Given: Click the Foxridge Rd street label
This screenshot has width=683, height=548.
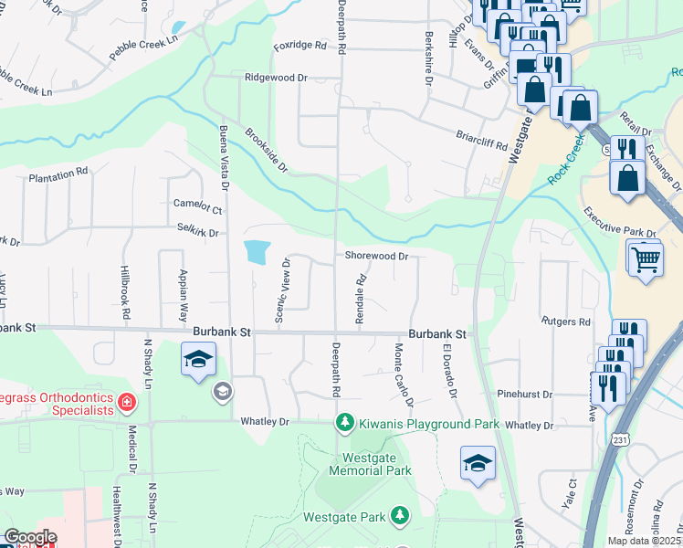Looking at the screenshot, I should pos(300,45).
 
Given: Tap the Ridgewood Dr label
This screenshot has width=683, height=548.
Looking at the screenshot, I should pos(276,79).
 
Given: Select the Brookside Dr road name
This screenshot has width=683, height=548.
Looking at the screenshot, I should pos(266,150).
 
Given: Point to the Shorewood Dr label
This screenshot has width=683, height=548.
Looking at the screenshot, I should pos(376,257).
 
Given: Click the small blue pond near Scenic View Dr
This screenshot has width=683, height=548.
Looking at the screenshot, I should pos(257,251).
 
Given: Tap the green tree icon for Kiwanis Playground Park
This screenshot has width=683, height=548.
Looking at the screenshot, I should pos(344,423).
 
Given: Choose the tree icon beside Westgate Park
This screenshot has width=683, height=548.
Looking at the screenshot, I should pos(399,516).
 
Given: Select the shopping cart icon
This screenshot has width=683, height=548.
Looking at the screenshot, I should pos(645,259).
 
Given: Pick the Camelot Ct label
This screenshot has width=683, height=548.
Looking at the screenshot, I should pos(198,206).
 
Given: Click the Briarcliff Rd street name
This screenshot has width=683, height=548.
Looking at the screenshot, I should pos(480,138).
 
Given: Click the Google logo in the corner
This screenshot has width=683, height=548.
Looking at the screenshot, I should pos(30,537).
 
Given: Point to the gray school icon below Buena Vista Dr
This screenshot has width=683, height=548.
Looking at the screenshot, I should pos(221,393).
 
